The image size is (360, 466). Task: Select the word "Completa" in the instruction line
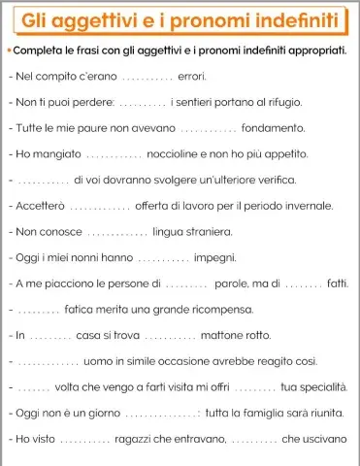44,49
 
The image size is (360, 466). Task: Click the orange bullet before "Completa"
9,49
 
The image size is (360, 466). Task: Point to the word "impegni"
214,258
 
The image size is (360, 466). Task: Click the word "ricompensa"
215,311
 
